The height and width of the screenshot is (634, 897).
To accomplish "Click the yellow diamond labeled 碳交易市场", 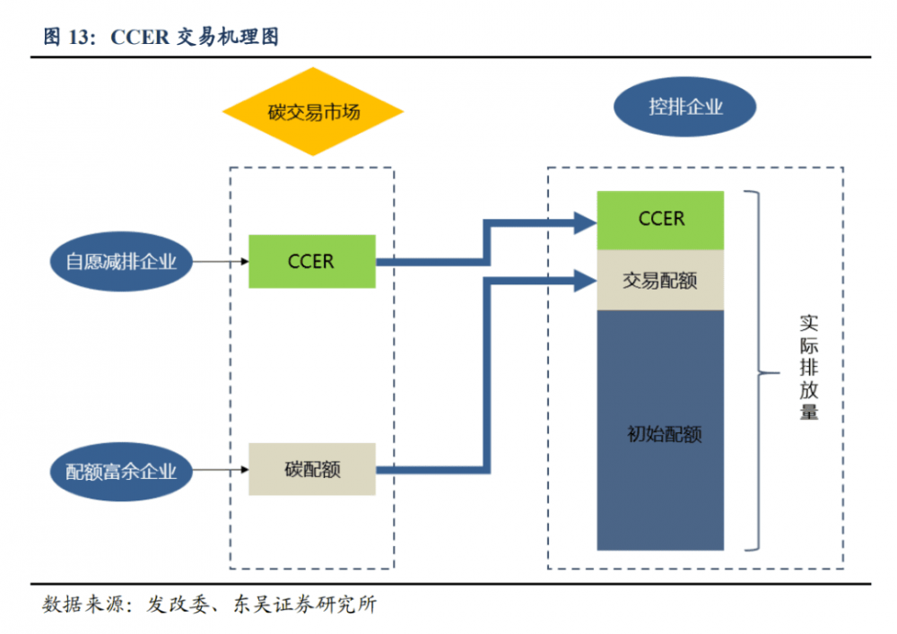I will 312,112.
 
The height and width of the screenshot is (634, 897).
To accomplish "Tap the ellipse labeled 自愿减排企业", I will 121,262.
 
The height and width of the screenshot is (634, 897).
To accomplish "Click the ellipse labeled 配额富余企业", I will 121,470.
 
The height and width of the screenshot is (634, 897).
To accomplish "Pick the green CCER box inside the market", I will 311,261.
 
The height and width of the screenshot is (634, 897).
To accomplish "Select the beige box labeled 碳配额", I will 311,469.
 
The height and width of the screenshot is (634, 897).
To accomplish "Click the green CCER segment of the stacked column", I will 660,220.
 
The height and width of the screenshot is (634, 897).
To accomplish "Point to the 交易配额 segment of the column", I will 660,280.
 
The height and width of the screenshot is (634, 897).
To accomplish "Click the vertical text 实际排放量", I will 808,368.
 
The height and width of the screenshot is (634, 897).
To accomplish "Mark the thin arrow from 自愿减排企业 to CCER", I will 221,262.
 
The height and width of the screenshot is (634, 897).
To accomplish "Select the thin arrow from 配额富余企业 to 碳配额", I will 221,469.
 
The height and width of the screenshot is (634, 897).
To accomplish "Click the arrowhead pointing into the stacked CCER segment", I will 585,221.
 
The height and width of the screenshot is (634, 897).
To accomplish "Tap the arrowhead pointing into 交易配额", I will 585,281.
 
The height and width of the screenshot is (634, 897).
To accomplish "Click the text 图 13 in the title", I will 69,37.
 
